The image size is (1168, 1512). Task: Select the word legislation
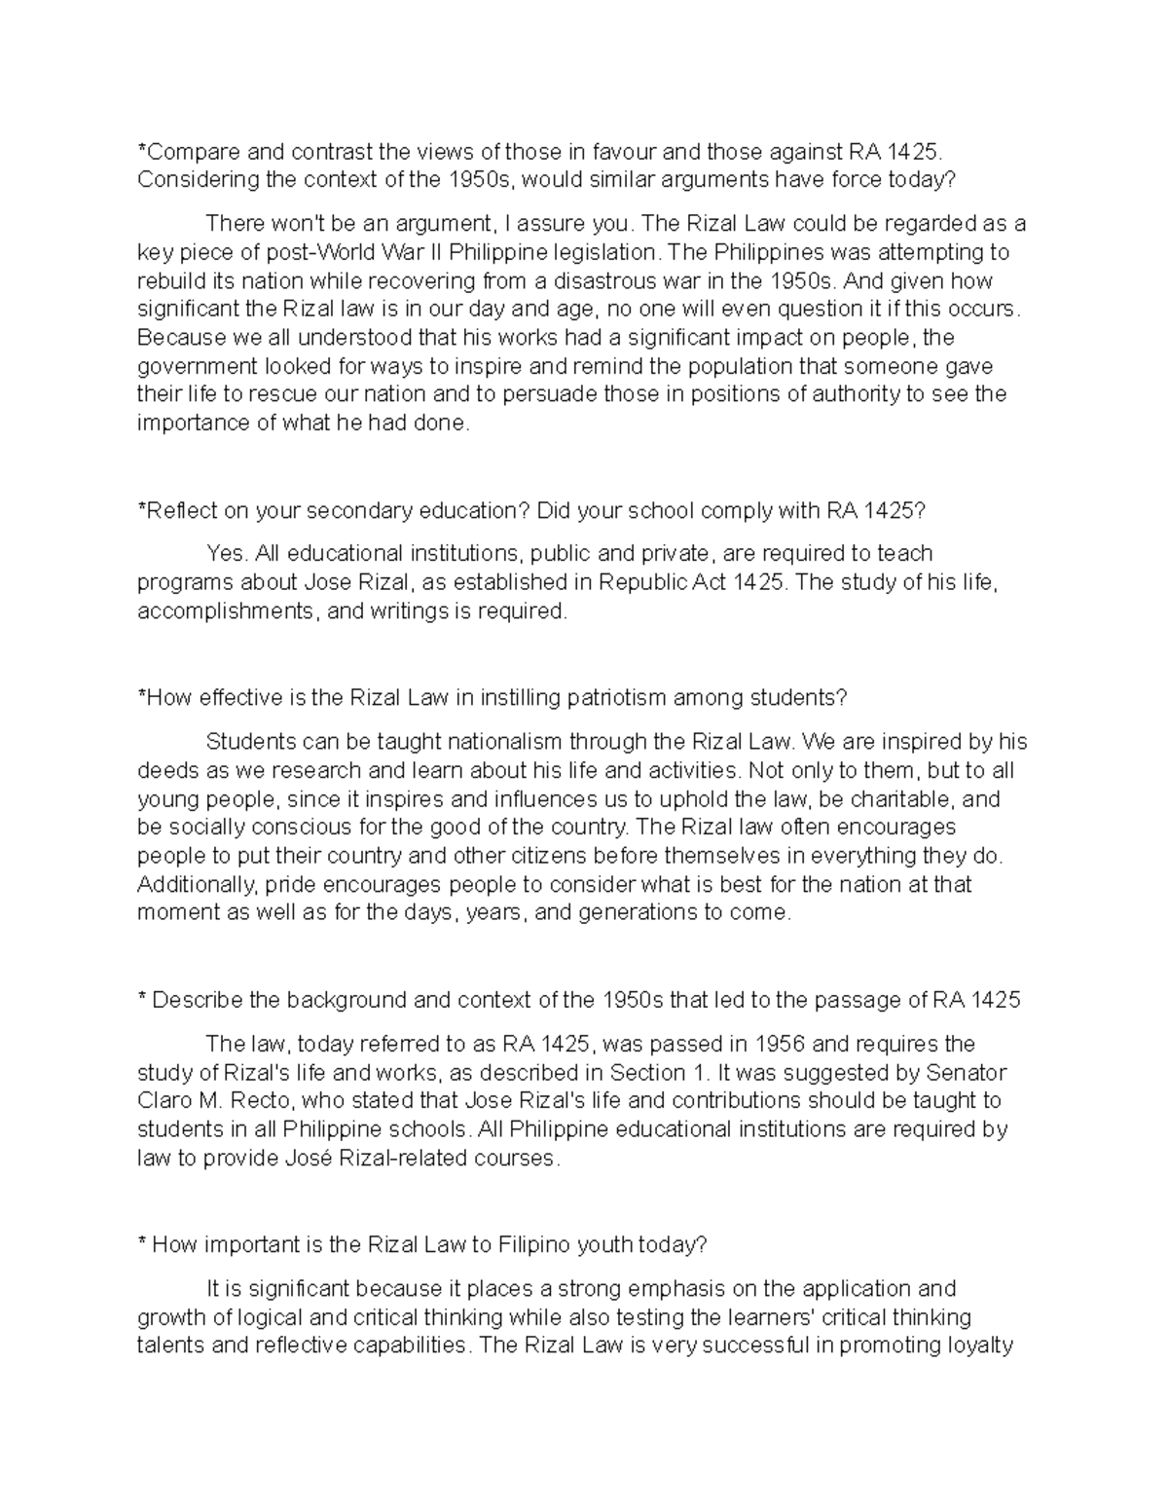(610, 252)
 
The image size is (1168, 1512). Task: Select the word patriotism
(615, 698)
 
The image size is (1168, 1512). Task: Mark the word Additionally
(197, 885)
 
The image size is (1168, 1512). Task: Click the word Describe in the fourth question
(198, 1000)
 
